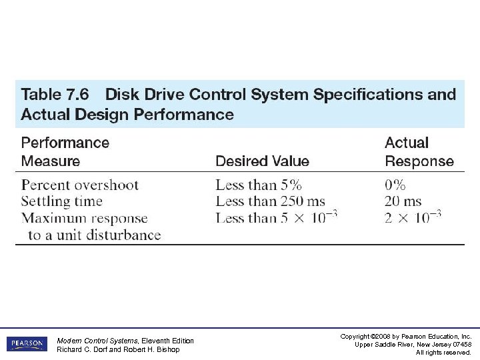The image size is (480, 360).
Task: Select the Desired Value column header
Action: (x=262, y=161)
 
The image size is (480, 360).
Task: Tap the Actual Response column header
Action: (x=419, y=152)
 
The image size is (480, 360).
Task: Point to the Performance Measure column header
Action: (x=65, y=152)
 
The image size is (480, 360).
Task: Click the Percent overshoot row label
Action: (x=80, y=185)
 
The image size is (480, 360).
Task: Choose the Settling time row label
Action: (x=62, y=201)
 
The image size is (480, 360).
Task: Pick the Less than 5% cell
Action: (x=259, y=185)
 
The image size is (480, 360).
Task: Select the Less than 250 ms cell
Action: (x=270, y=201)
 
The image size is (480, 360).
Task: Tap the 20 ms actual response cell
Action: (x=403, y=201)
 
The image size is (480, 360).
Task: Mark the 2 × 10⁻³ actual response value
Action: (x=413, y=217)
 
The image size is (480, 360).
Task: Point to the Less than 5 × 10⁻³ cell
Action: (x=276, y=217)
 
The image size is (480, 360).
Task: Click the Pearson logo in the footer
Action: (x=27, y=344)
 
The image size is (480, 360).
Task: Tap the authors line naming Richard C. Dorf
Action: (x=118, y=349)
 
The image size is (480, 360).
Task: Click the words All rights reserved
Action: (x=443, y=352)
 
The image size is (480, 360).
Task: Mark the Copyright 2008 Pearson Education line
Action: (x=405, y=336)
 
